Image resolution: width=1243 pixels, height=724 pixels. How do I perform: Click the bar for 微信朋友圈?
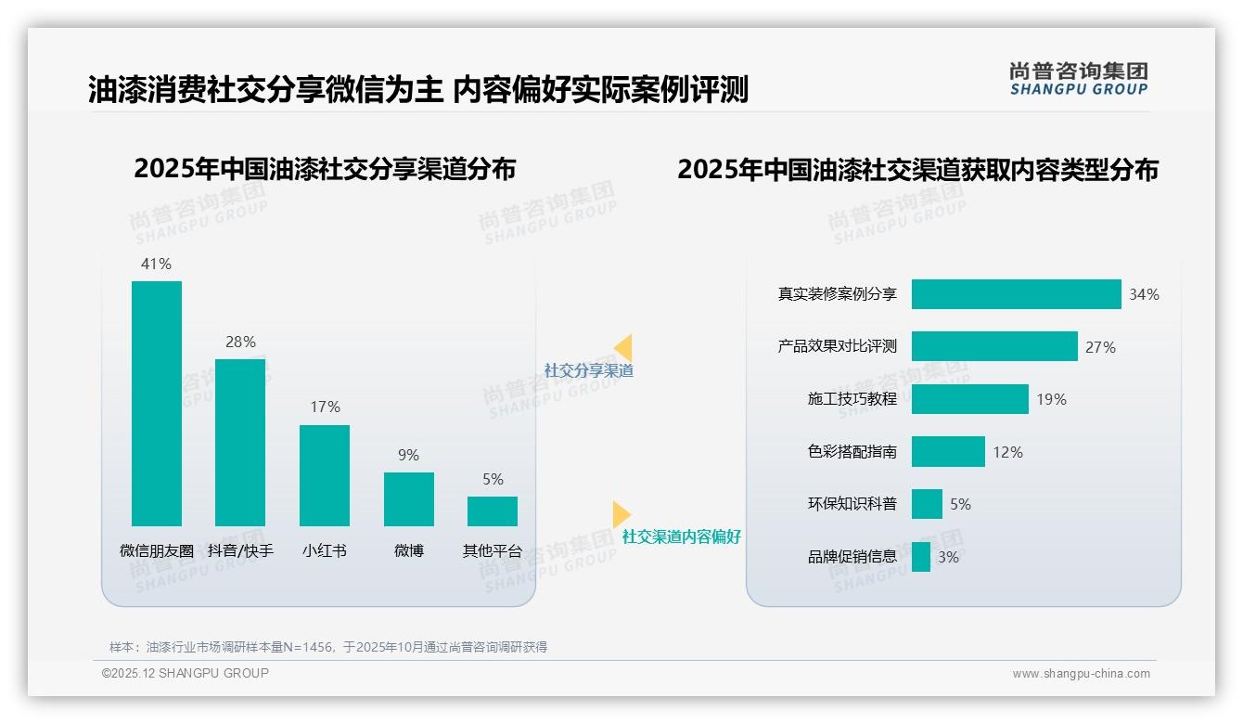pyautogui.click(x=157, y=403)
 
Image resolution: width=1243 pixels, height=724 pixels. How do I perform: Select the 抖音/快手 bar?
pyautogui.click(x=240, y=442)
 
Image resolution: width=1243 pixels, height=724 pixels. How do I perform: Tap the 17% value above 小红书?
pyautogui.click(x=325, y=407)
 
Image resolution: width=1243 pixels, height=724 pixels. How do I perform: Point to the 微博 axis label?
pyautogui.click(x=408, y=551)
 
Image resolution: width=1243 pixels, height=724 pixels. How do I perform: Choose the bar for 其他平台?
pyautogui.click(x=493, y=511)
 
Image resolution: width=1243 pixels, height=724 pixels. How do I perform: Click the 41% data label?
pyautogui.click(x=156, y=265)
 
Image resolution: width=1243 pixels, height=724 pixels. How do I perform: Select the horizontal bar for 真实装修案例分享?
pyautogui.click(x=1016, y=294)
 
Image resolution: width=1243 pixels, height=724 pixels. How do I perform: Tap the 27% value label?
pyautogui.click(x=1100, y=347)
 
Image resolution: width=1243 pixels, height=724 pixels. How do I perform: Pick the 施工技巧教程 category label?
pyautogui.click(x=852, y=399)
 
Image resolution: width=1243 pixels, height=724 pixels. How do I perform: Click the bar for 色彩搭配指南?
pyautogui.click(x=948, y=452)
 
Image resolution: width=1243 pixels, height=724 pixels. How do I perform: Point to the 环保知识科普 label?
pyautogui.click(x=852, y=504)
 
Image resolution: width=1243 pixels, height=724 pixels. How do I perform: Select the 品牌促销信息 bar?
pyautogui.click(x=921, y=557)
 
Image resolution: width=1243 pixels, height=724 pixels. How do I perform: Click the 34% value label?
pyautogui.click(x=1144, y=295)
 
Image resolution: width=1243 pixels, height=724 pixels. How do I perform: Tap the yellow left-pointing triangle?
pyautogui.click(x=622, y=348)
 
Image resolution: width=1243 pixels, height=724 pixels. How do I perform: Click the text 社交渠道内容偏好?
pyautogui.click(x=681, y=537)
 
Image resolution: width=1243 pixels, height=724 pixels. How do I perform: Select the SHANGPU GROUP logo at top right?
pyautogui.click(x=1078, y=79)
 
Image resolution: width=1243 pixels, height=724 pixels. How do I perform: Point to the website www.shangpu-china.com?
pyautogui.click(x=1081, y=674)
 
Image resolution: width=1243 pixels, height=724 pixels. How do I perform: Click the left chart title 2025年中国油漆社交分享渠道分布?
pyautogui.click(x=325, y=169)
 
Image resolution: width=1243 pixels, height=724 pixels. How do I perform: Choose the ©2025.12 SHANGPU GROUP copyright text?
pyautogui.click(x=186, y=674)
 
